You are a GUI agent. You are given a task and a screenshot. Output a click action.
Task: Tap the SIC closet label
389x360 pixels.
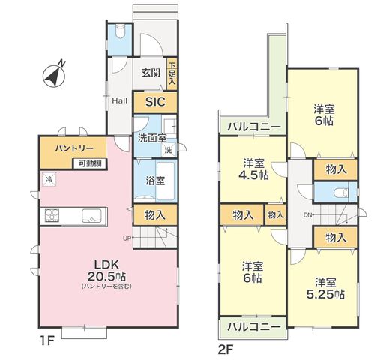click(x=155, y=102)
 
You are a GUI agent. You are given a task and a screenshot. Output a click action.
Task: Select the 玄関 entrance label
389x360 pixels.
click(x=151, y=73)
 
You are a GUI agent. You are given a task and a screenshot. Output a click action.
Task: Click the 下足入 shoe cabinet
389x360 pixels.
click(x=172, y=73)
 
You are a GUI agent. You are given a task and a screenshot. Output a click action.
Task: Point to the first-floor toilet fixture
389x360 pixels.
click(x=120, y=31)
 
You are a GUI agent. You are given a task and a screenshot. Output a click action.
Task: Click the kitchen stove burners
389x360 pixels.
click(x=52, y=215)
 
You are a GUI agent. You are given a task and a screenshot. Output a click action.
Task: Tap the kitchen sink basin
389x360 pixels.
click(x=91, y=215)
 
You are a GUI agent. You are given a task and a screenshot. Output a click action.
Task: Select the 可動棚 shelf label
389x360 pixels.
click(x=90, y=163)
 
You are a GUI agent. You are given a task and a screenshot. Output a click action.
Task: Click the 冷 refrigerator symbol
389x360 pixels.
click(x=49, y=179)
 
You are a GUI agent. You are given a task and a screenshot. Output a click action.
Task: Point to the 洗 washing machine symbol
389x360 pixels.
click(x=169, y=150)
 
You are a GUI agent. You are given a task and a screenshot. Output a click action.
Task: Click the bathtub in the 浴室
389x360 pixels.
click(x=165, y=181)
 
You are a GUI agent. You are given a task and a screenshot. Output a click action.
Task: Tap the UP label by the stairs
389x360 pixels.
click(x=127, y=238)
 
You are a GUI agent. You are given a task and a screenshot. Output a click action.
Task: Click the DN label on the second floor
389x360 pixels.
click(x=307, y=214)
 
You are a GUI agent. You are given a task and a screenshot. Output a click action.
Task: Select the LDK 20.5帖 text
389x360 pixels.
click(x=106, y=270)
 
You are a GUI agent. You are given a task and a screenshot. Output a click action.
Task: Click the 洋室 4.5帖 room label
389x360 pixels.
click(x=253, y=169)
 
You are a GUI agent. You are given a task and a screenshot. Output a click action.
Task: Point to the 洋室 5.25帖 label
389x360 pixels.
click(x=325, y=289)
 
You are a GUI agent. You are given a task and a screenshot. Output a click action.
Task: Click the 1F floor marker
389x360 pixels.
click(x=47, y=340)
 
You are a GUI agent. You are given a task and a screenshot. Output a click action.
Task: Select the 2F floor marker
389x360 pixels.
click(x=226, y=349)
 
